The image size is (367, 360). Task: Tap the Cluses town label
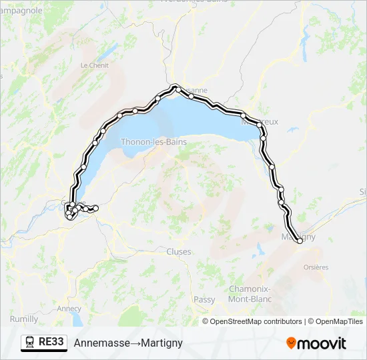click(x=178, y=252)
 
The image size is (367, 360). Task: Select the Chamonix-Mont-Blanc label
click(x=250, y=294)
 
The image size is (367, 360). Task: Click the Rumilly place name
click(x=24, y=319)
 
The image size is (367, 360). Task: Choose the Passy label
click(x=204, y=300)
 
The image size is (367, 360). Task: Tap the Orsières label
click(x=316, y=267)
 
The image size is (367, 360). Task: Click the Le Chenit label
click(x=94, y=65)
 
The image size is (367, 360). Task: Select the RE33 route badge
click(x=44, y=342)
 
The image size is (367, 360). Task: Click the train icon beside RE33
click(x=30, y=343)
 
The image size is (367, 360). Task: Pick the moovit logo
click(x=316, y=343)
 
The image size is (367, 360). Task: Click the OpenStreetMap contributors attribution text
click(x=256, y=321)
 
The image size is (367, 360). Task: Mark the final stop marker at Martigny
click(x=300, y=241)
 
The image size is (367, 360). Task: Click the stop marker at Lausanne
click(x=175, y=87)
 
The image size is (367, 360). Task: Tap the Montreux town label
click(x=262, y=122)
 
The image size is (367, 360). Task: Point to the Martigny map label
click(x=298, y=236)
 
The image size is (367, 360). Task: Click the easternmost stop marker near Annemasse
click(x=95, y=209)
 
